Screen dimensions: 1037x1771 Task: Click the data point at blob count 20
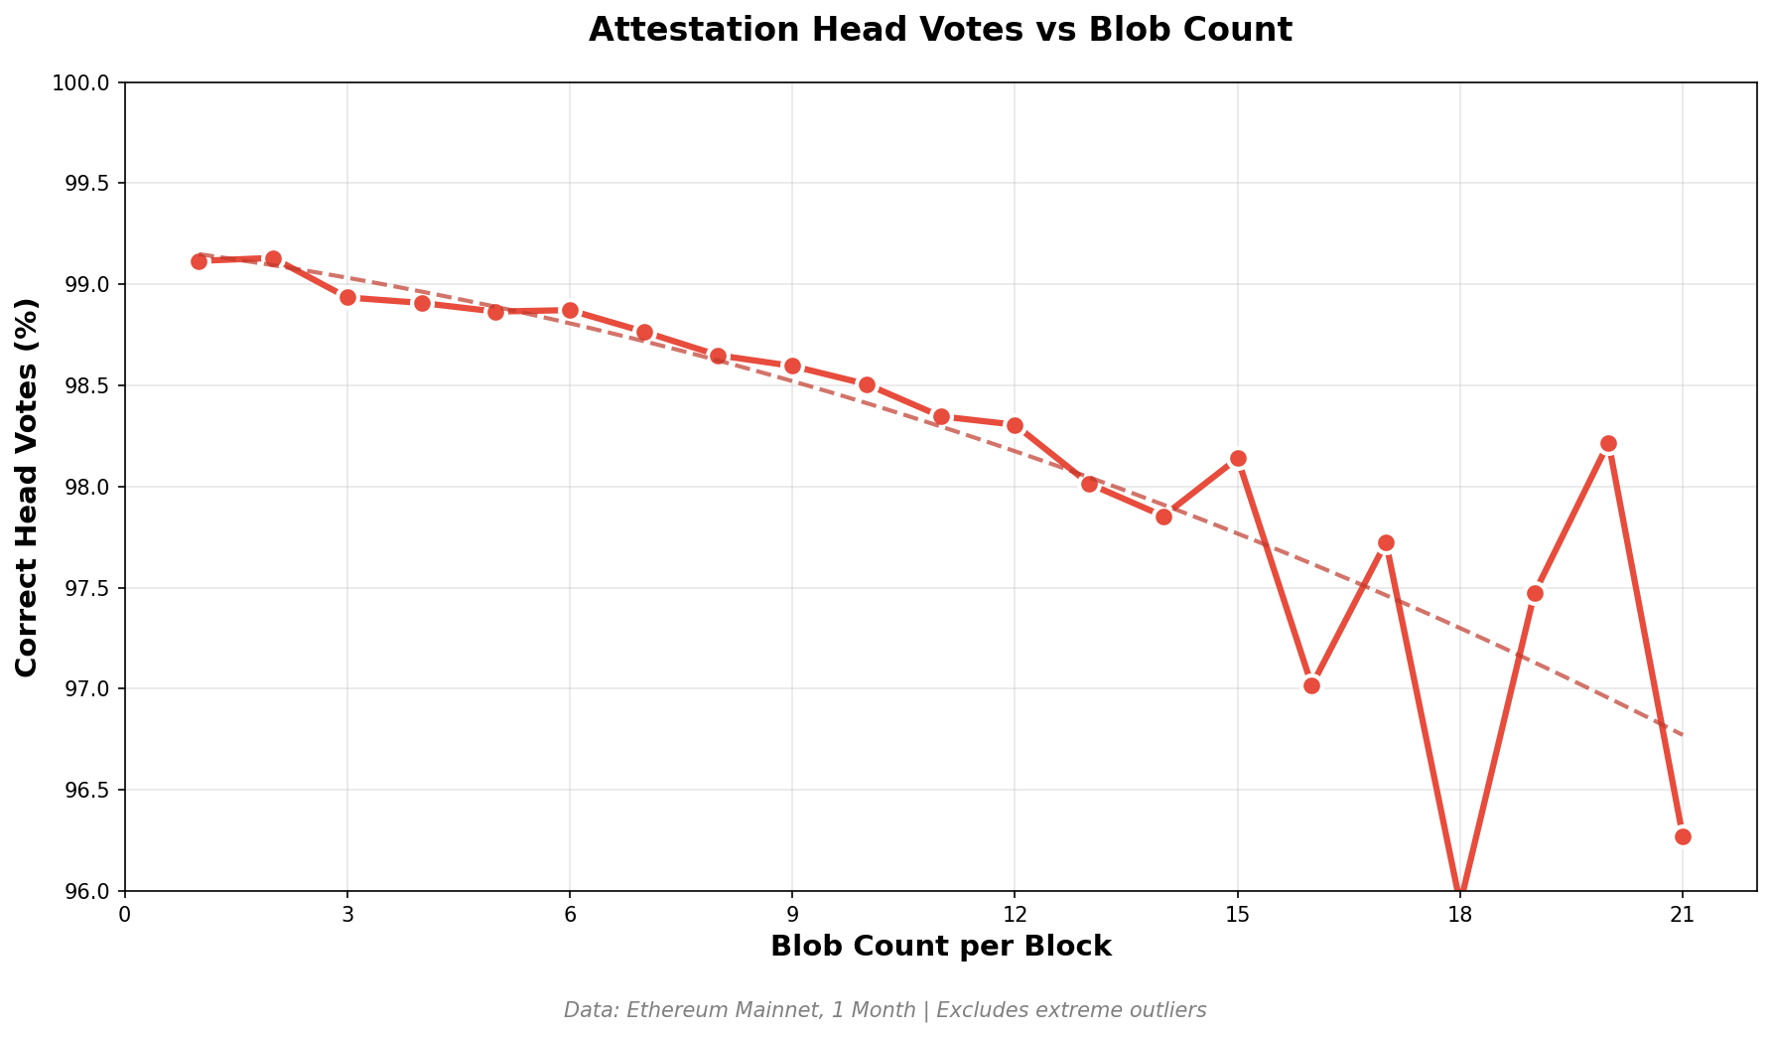(1608, 443)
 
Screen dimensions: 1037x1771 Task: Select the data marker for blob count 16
(1311, 685)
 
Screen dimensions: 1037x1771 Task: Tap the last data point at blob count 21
(1683, 836)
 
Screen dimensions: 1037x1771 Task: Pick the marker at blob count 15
(1238, 458)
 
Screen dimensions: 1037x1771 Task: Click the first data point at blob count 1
(199, 261)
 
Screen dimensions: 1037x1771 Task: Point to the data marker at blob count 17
(1386, 542)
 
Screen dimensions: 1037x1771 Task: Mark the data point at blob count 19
(1535, 593)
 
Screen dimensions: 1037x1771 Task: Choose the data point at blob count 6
(570, 310)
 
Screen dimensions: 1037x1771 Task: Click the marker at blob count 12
(1015, 425)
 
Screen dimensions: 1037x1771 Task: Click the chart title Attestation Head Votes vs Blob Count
(940, 30)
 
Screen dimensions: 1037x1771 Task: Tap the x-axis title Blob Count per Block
(940, 947)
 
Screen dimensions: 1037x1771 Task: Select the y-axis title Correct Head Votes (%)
(27, 487)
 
